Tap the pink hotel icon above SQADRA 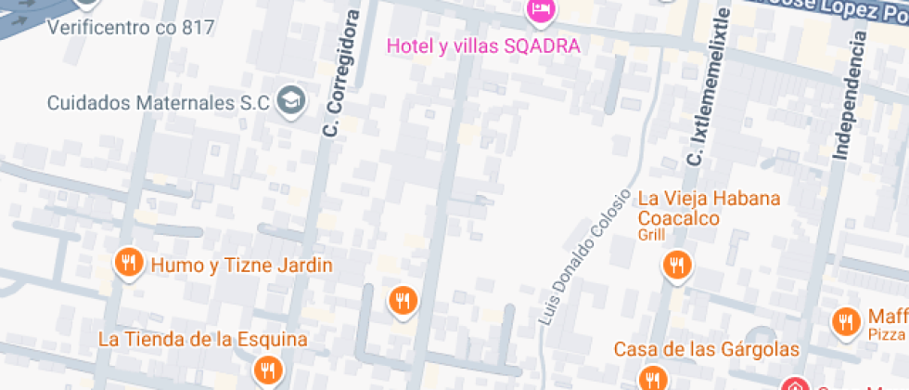pyautogui.click(x=540, y=11)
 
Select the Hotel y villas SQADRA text pyautogui.click(x=483, y=45)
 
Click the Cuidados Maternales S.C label pyautogui.click(x=158, y=101)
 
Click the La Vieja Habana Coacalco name pyautogui.click(x=710, y=208)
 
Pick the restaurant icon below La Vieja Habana pyautogui.click(x=678, y=266)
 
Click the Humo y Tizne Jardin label pyautogui.click(x=241, y=266)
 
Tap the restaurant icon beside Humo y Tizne pyautogui.click(x=129, y=263)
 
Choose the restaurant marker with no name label pyautogui.click(x=402, y=300)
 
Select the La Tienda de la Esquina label pyautogui.click(x=203, y=339)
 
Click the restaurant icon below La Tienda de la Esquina pyautogui.click(x=268, y=370)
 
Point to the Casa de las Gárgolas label pyautogui.click(x=707, y=349)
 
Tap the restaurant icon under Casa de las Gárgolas pyautogui.click(x=652, y=378)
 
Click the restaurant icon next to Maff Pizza pyautogui.click(x=845, y=322)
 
